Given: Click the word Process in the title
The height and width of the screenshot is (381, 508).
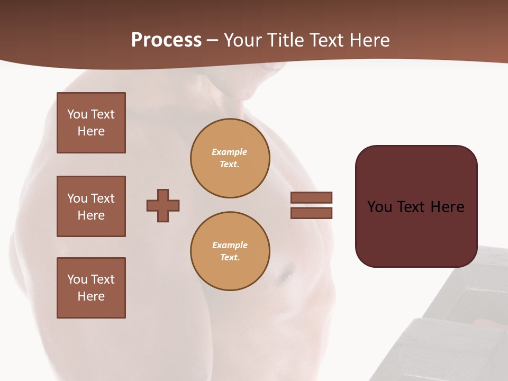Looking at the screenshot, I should [166, 40].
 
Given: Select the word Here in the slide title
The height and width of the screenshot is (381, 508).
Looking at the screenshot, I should [369, 40].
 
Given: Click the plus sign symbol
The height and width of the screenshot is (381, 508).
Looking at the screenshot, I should [163, 205].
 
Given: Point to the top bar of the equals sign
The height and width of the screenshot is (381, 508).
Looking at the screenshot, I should [311, 197].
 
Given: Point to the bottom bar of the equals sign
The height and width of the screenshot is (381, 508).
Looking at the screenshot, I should [311, 213].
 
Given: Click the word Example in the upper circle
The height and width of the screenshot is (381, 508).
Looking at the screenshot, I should [230, 152].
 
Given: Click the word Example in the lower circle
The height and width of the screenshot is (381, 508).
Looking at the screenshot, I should [230, 245].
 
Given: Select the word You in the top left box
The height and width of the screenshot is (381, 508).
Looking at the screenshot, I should [77, 114].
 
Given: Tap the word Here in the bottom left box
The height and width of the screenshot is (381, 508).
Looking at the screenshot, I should [91, 296].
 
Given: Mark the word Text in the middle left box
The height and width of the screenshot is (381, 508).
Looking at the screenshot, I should [103, 198].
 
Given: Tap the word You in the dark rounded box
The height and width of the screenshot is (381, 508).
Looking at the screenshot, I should [379, 207].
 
